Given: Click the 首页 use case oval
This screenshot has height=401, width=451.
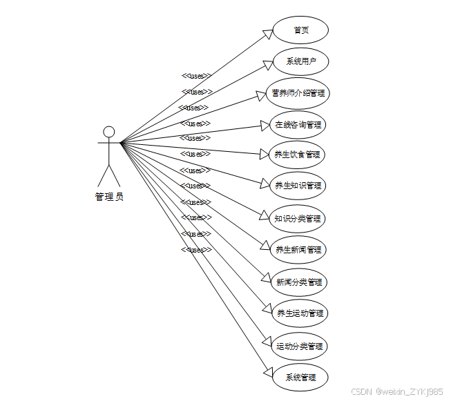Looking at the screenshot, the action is click(x=300, y=30).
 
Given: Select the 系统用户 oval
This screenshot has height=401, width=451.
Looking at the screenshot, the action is click(x=300, y=61).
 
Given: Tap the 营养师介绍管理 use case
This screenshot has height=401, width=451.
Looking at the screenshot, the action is click(x=298, y=92).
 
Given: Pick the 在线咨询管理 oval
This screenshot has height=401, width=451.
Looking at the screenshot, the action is click(x=298, y=124).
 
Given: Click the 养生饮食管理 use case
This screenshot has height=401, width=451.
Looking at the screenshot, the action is click(x=297, y=155).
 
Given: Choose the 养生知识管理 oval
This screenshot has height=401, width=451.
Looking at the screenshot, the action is click(x=298, y=186).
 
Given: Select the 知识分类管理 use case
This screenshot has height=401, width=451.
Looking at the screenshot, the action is click(x=297, y=218).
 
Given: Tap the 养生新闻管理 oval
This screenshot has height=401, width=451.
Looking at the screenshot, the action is click(x=298, y=249).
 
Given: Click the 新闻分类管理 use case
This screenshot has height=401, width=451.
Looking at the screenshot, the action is click(x=298, y=282).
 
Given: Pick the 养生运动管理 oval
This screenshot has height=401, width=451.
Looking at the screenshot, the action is click(x=299, y=313).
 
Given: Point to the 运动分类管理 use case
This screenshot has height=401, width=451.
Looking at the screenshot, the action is click(x=299, y=346).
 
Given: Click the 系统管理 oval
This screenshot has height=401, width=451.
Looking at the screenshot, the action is click(x=300, y=378).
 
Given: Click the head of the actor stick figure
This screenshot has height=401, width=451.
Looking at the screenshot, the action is click(x=108, y=132).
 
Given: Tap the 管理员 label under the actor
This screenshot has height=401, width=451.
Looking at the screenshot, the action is click(x=109, y=197).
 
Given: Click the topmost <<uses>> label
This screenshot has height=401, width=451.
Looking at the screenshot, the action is click(x=195, y=75).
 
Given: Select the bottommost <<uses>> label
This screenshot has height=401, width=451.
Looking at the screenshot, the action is click(x=195, y=250).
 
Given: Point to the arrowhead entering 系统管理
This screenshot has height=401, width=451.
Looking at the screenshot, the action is click(x=269, y=373).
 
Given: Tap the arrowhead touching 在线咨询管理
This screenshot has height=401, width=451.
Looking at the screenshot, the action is click(x=265, y=126).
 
